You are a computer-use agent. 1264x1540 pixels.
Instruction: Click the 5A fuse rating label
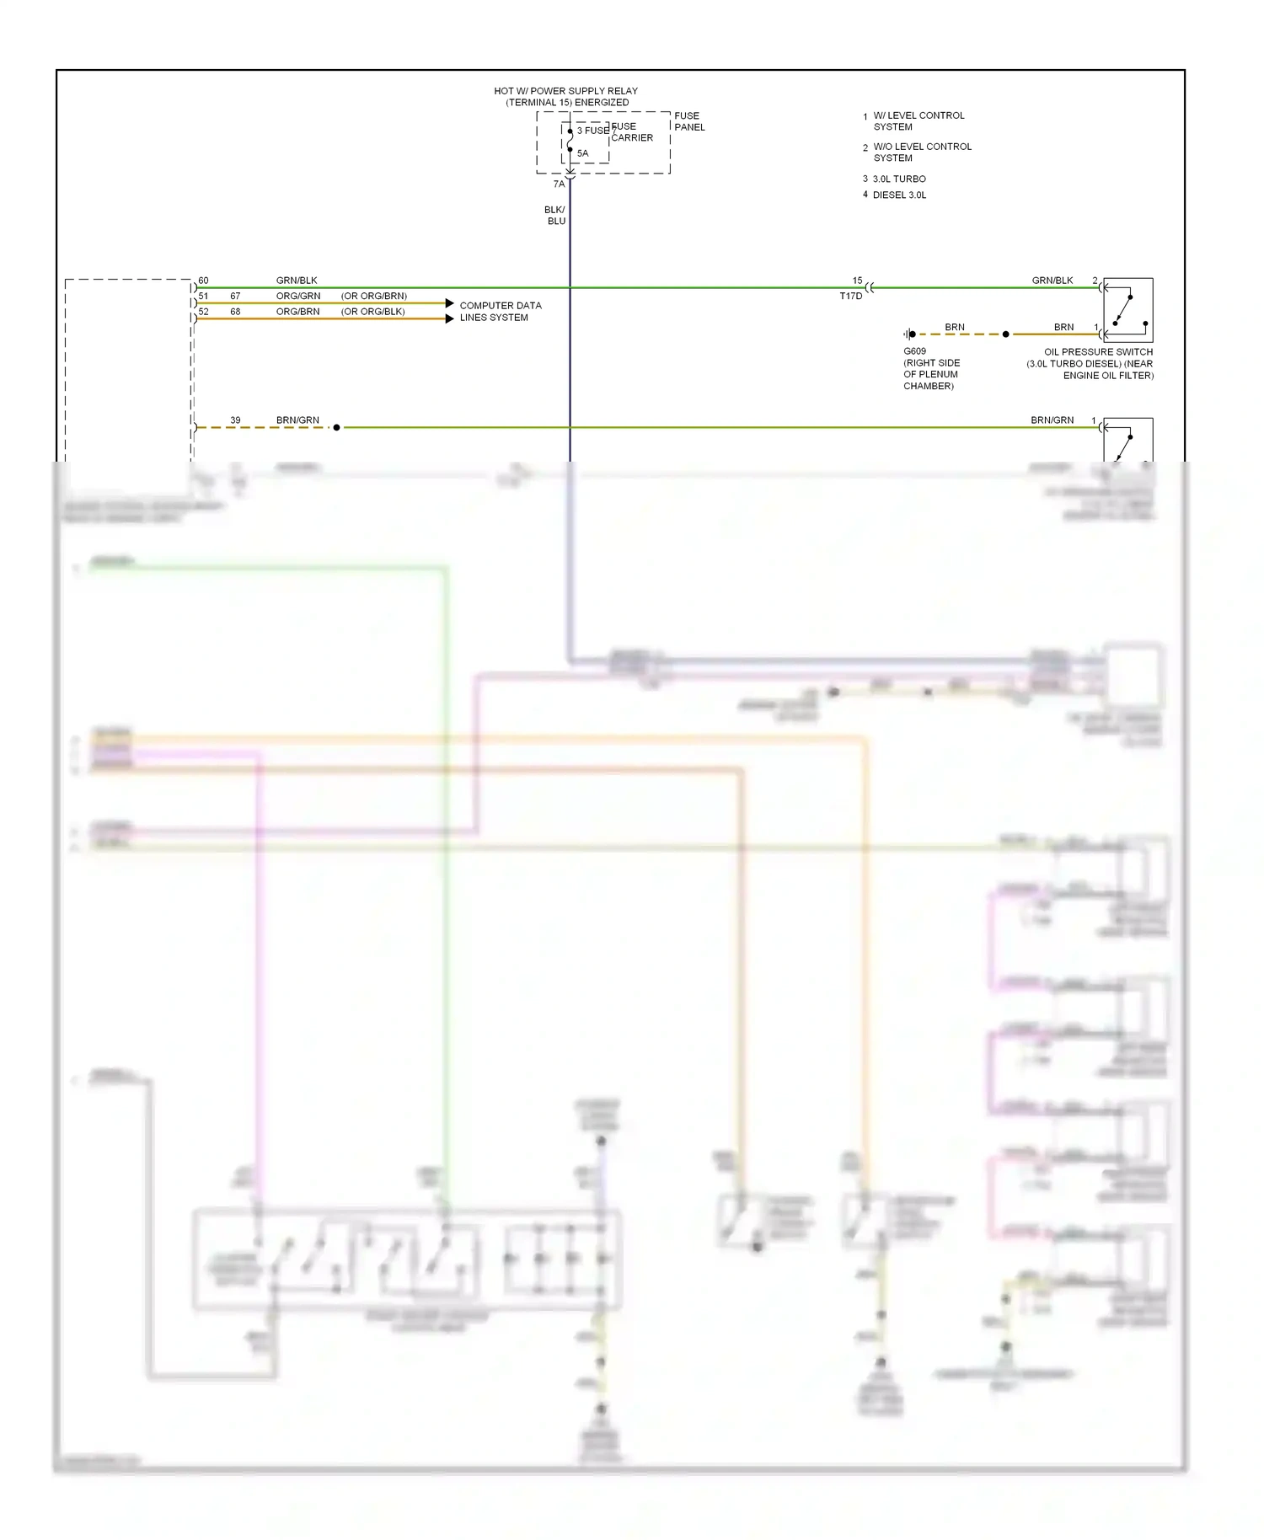tap(583, 153)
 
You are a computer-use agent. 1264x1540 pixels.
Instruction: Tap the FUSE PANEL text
tap(688, 121)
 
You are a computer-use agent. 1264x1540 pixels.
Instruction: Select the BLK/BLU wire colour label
tap(555, 216)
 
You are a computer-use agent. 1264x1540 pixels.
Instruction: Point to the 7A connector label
tap(559, 184)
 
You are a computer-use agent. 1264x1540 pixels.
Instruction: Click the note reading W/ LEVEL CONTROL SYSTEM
tap(918, 121)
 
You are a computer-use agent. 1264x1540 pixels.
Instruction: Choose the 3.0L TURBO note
tap(898, 179)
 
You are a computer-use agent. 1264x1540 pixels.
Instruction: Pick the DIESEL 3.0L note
tap(899, 195)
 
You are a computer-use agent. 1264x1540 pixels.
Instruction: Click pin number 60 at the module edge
tap(203, 281)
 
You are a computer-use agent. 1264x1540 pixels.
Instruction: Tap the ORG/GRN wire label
tap(298, 297)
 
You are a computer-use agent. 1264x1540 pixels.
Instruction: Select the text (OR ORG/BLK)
tap(372, 312)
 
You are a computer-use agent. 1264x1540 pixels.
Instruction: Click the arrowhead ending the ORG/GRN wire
tap(450, 303)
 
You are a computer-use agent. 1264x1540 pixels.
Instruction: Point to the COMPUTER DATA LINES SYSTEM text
tap(500, 312)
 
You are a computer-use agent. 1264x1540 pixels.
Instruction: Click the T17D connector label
tap(851, 296)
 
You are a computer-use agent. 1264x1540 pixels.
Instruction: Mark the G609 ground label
tap(914, 351)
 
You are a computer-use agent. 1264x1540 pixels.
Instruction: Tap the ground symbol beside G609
tap(909, 334)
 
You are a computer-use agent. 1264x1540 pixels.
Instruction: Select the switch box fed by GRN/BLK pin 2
tap(1127, 310)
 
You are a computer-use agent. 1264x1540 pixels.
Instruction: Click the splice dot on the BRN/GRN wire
tap(336, 428)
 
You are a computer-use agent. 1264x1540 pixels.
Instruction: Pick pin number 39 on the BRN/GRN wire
tap(235, 420)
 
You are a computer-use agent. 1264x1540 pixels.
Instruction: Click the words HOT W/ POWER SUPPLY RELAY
tap(565, 91)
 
